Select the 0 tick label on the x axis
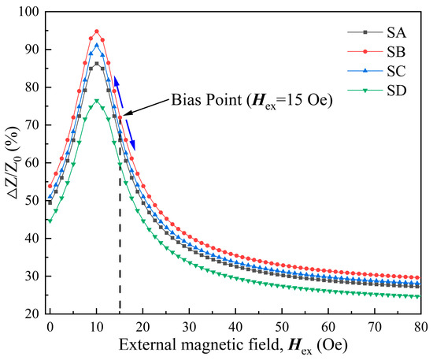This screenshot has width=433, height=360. pos(50,326)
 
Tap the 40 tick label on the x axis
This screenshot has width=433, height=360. pos(235,326)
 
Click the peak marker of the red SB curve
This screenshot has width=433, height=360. pos(97,32)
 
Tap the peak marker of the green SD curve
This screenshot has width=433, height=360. pos(97,101)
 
